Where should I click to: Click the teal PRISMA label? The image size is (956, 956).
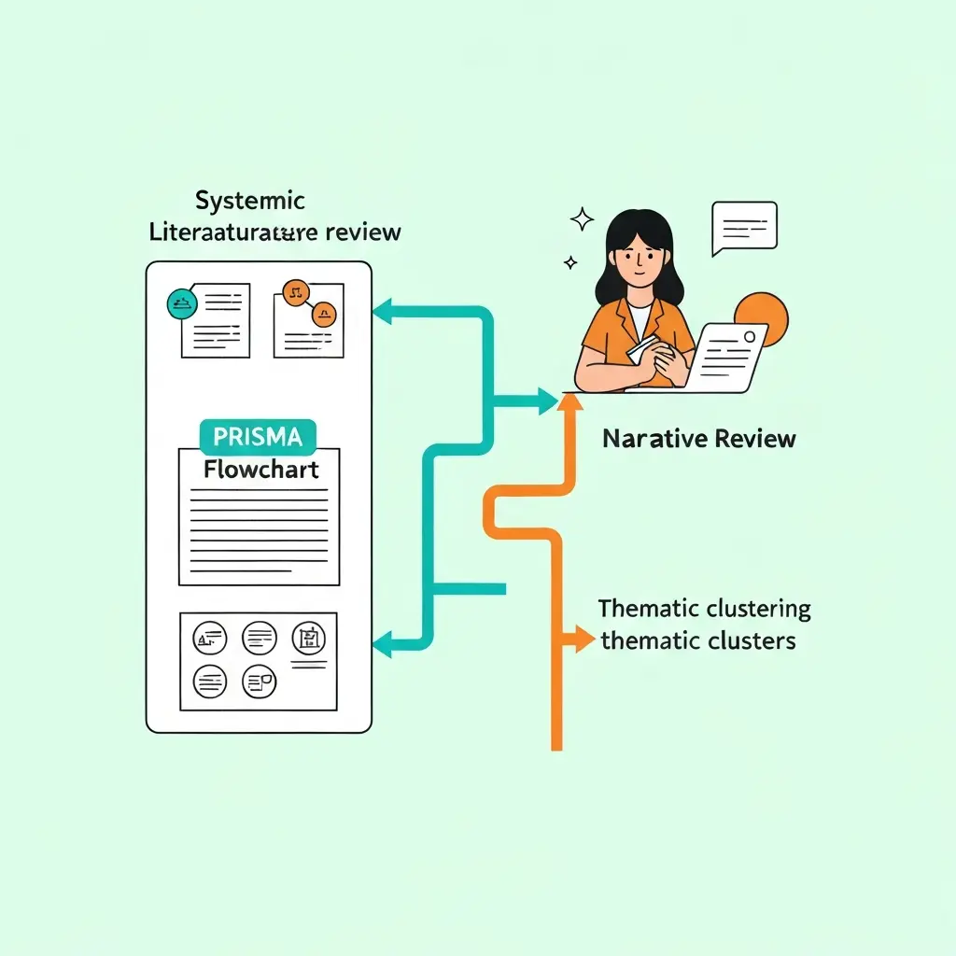coord(259,437)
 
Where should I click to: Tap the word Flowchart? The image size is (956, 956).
coord(260,469)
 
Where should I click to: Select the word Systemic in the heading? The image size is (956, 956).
coord(250,201)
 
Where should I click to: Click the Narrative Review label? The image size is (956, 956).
coord(699,439)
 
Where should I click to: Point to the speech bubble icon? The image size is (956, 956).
coord(743,227)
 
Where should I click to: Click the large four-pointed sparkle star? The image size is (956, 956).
coord(583,220)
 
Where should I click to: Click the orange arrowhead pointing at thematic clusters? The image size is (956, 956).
coord(584,640)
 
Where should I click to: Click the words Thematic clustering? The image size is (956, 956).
coord(705,610)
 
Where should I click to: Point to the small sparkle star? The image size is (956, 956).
coord(569,263)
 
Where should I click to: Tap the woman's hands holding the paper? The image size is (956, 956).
coord(649,359)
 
